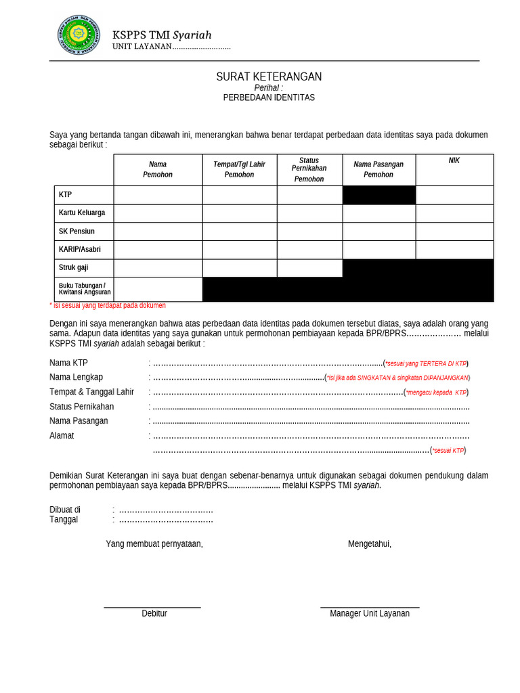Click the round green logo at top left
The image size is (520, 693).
[79, 35]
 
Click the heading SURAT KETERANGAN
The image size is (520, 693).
[269, 77]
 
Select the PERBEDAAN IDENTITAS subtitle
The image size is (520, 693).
[269, 97]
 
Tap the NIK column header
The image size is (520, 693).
[454, 161]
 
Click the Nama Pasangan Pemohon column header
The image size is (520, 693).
[378, 169]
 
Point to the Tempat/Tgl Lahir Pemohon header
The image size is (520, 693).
[239, 169]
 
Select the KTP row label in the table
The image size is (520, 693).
[66, 195]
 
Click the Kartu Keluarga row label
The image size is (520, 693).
[82, 213]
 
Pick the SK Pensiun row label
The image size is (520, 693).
[77, 231]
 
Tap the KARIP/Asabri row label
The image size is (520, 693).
[80, 250]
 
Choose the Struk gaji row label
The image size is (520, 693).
[73, 268]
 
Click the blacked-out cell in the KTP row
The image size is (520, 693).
[378, 195]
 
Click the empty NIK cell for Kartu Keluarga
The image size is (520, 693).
[454, 213]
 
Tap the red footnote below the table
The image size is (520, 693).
[108, 306]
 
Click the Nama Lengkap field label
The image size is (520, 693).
[77, 378]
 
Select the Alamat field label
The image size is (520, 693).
[62, 436]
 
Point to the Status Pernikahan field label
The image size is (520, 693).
[82, 407]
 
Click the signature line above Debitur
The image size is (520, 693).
[152, 607]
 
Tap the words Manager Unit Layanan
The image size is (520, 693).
[370, 614]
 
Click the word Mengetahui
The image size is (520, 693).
[370, 544]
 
